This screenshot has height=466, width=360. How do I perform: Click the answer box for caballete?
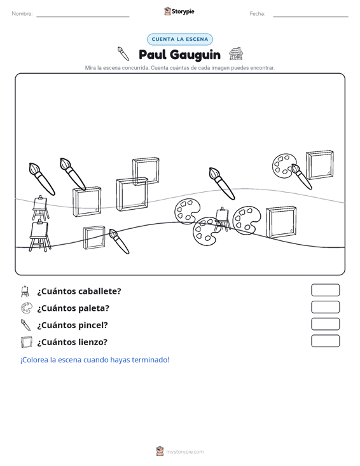pyautogui.click(x=325, y=290)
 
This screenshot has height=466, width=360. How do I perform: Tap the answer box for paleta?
pyautogui.click(x=325, y=307)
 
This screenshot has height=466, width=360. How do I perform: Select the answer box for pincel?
pyautogui.click(x=325, y=324)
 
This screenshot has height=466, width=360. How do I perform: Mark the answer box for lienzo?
pyautogui.click(x=325, y=341)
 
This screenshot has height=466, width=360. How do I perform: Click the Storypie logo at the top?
pyautogui.click(x=179, y=11)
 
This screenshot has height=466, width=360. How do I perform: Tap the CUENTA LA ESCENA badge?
pyautogui.click(x=180, y=39)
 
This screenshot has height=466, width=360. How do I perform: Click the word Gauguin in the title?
pyautogui.click(x=196, y=55)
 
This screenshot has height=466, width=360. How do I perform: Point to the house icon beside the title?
pyautogui.click(x=236, y=53)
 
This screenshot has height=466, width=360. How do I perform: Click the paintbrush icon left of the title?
pyautogui.click(x=123, y=53)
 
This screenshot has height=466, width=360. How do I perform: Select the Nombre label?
pyautogui.click(x=22, y=14)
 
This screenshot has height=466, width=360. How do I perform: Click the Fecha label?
pyautogui.click(x=258, y=14)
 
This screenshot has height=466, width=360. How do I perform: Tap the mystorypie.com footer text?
pyautogui.click(x=185, y=452)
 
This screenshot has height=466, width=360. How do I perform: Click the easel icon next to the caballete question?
pyautogui.click(x=25, y=291)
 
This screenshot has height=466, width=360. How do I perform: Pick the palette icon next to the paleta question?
pyautogui.click(x=27, y=308)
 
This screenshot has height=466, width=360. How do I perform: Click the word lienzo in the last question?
pyautogui.click(x=92, y=342)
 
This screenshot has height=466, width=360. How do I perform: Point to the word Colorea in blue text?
pyautogui.click(x=34, y=360)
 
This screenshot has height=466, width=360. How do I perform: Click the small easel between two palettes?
pyautogui.click(x=223, y=219)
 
